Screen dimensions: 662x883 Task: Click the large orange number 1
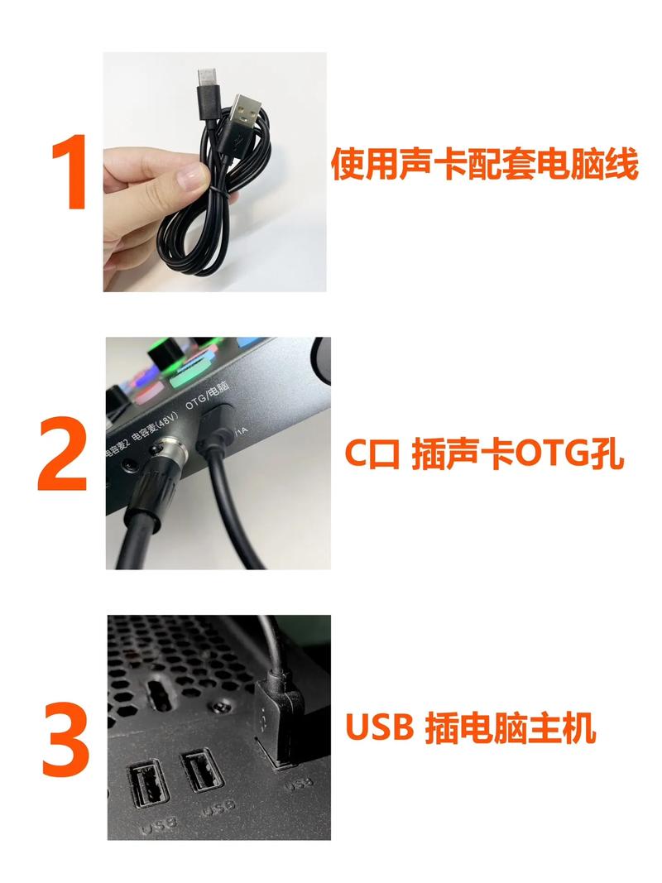[x=71, y=172]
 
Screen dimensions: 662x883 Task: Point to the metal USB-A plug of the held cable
[x=246, y=112]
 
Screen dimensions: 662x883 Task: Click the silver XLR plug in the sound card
[x=168, y=455]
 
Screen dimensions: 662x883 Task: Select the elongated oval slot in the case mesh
[x=159, y=694]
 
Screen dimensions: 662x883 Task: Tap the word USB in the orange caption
[x=380, y=727]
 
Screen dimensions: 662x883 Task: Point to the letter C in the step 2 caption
[x=356, y=454]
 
